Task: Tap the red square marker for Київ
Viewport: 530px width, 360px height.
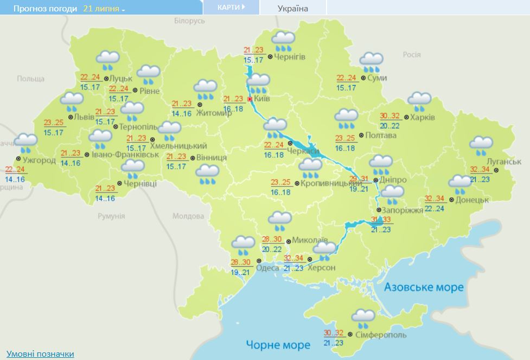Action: [x=250, y=99]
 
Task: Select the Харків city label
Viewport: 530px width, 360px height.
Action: [x=424, y=117]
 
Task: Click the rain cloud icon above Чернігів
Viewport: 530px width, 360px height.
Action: [x=283, y=41]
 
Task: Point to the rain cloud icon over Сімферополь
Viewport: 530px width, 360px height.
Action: [x=362, y=318]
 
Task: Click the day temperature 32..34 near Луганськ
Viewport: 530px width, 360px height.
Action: [x=480, y=169]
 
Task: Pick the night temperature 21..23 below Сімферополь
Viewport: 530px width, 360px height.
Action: [x=334, y=343]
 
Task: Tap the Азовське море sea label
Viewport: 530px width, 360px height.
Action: [x=424, y=287]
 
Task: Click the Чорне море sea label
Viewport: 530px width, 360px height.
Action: [x=278, y=344]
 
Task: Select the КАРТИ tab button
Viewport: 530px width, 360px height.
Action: [x=231, y=8]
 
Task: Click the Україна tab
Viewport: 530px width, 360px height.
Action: [x=292, y=8]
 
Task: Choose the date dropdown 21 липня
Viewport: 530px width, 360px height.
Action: [x=104, y=9]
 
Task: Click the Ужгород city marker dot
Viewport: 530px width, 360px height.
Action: [x=18, y=159]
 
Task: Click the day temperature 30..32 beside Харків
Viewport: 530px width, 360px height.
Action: [x=390, y=115]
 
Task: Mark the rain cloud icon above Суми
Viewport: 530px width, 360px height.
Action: [x=372, y=62]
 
